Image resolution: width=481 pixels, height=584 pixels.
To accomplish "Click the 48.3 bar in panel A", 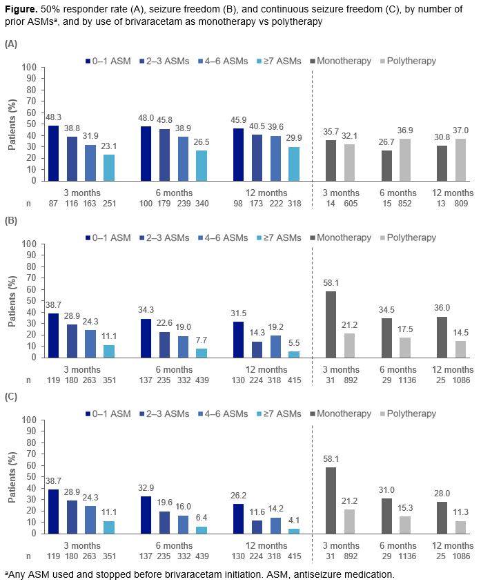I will (54, 153).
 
